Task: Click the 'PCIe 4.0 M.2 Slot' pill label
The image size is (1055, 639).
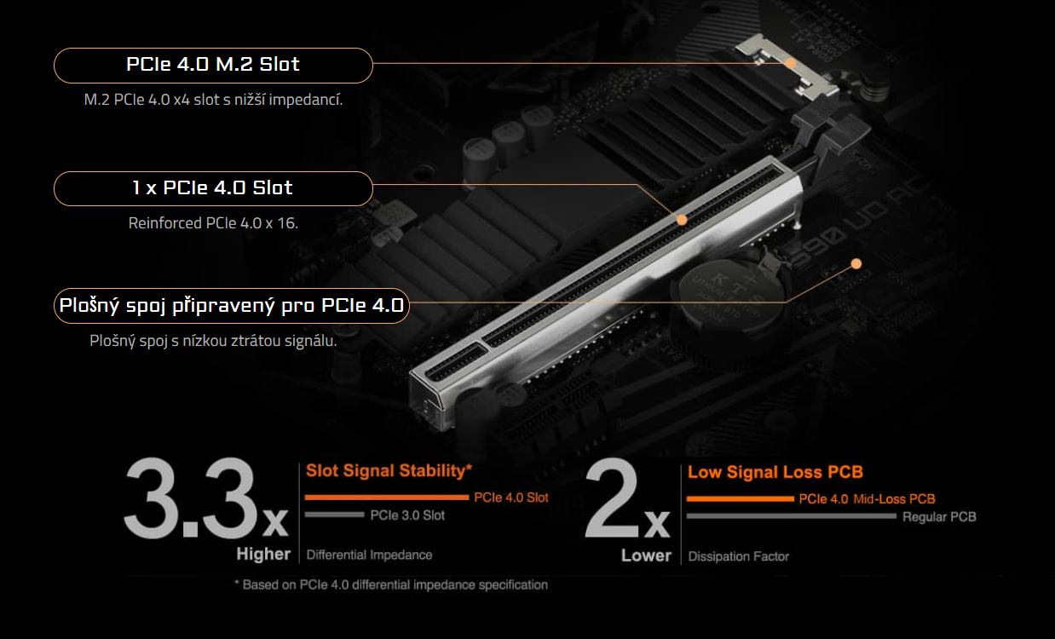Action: pyautogui.click(x=213, y=65)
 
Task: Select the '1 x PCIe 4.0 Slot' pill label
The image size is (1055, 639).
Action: pyautogui.click(x=213, y=188)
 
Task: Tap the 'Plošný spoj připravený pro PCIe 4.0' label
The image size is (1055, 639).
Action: pyautogui.click(x=231, y=305)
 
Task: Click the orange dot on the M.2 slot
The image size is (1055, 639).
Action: pyautogui.click(x=791, y=63)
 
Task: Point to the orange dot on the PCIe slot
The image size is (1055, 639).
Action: pyautogui.click(x=682, y=220)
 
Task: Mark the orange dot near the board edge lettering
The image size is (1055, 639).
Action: pyautogui.click(x=856, y=263)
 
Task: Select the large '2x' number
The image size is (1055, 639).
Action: pyautogui.click(x=626, y=503)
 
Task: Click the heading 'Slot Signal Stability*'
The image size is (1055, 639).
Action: pyautogui.click(x=389, y=470)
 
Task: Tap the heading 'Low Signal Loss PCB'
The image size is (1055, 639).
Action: pyautogui.click(x=775, y=472)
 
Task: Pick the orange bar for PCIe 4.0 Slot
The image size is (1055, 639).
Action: pyautogui.click(x=387, y=497)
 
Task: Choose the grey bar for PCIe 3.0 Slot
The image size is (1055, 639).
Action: pyautogui.click(x=334, y=515)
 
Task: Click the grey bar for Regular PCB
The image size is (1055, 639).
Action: pyautogui.click(x=792, y=516)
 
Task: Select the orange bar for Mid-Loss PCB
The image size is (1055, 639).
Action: pyautogui.click(x=740, y=498)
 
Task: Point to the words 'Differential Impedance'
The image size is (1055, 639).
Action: pyautogui.click(x=369, y=555)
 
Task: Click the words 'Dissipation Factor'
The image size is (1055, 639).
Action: pyautogui.click(x=738, y=556)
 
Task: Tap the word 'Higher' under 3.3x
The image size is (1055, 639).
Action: pyautogui.click(x=263, y=555)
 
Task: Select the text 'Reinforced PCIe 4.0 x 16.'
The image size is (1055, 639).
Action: pyautogui.click(x=213, y=223)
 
